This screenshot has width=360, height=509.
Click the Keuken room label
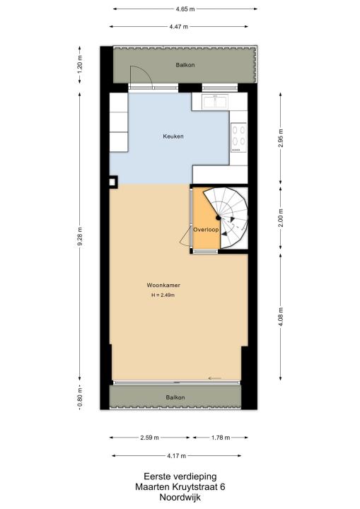[x=173, y=136]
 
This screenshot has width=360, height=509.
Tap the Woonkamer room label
[x=163, y=286]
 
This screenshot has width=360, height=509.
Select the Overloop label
[x=206, y=230]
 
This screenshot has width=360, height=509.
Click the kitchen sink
[x=215, y=102]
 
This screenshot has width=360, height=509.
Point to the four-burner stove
[x=238, y=137]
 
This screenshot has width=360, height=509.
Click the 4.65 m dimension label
[x=185, y=9]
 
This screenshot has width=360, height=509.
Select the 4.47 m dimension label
[x=179, y=27]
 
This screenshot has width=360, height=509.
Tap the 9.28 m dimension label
[x=80, y=237]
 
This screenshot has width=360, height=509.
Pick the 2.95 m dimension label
[x=281, y=139]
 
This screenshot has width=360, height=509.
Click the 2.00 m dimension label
[x=281, y=218]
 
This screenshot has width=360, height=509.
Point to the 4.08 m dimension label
[x=281, y=317]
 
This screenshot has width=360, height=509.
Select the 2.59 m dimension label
[x=149, y=438]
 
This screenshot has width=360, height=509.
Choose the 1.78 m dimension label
[x=221, y=438]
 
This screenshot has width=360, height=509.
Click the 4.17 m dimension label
[x=176, y=456]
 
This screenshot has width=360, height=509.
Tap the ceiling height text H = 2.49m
[x=163, y=296]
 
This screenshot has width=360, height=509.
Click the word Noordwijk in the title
[x=180, y=497]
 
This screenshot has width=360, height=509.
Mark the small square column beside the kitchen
[x=112, y=182]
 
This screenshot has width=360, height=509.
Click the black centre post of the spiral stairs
[x=219, y=218]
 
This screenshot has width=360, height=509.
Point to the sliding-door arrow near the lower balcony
[x=214, y=378]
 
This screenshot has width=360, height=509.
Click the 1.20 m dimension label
[x=80, y=64]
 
